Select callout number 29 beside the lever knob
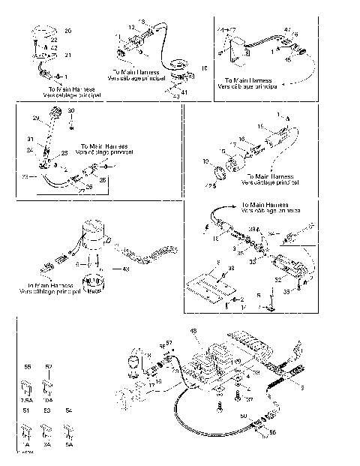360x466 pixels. click(x=35, y=118)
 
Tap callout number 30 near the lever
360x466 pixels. click(x=71, y=111)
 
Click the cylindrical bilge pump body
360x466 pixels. click(x=94, y=232)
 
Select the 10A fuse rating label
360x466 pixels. click(x=49, y=401)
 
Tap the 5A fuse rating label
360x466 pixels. click(x=69, y=444)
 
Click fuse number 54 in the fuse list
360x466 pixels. click(x=69, y=411)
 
